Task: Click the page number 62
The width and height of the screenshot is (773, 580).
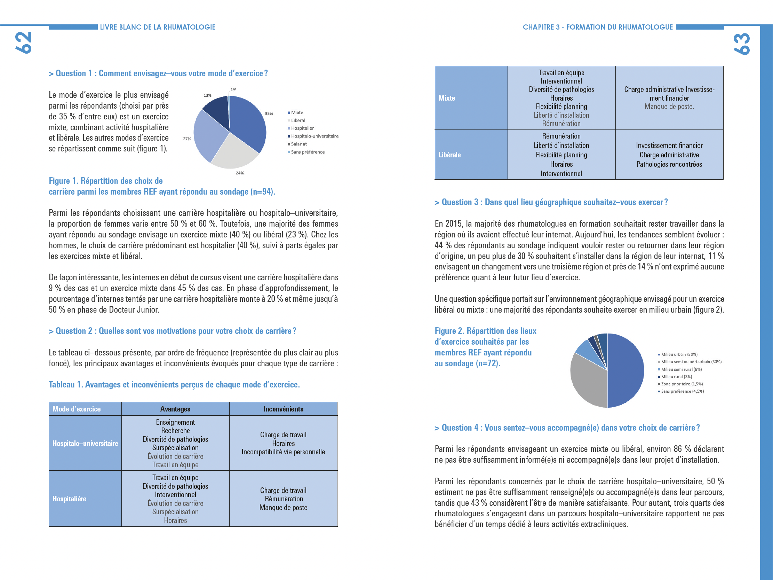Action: (24, 43)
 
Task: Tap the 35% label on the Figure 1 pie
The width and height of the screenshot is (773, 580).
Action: (269, 113)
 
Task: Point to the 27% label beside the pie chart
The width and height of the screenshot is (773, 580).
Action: (187, 139)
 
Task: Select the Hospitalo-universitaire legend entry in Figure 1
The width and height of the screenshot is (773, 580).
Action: (314, 136)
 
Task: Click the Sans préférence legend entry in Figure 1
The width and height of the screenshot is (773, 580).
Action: (307, 152)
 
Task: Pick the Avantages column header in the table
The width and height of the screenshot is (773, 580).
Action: (175, 409)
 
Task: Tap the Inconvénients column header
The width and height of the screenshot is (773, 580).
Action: (283, 409)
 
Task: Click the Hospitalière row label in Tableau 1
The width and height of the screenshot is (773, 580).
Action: (69, 499)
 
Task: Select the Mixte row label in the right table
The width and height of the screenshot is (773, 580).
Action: (447, 98)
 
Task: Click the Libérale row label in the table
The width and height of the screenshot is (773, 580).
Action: (449, 155)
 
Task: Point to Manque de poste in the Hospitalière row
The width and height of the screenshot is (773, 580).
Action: (283, 507)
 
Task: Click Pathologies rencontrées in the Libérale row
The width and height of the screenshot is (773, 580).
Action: (669, 164)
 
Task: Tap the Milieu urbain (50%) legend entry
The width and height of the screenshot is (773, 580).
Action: (679, 354)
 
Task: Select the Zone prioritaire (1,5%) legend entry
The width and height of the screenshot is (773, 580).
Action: (682, 384)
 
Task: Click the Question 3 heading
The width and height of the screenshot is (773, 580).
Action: (551, 202)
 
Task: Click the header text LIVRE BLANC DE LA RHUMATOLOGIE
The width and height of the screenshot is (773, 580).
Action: (158, 27)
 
